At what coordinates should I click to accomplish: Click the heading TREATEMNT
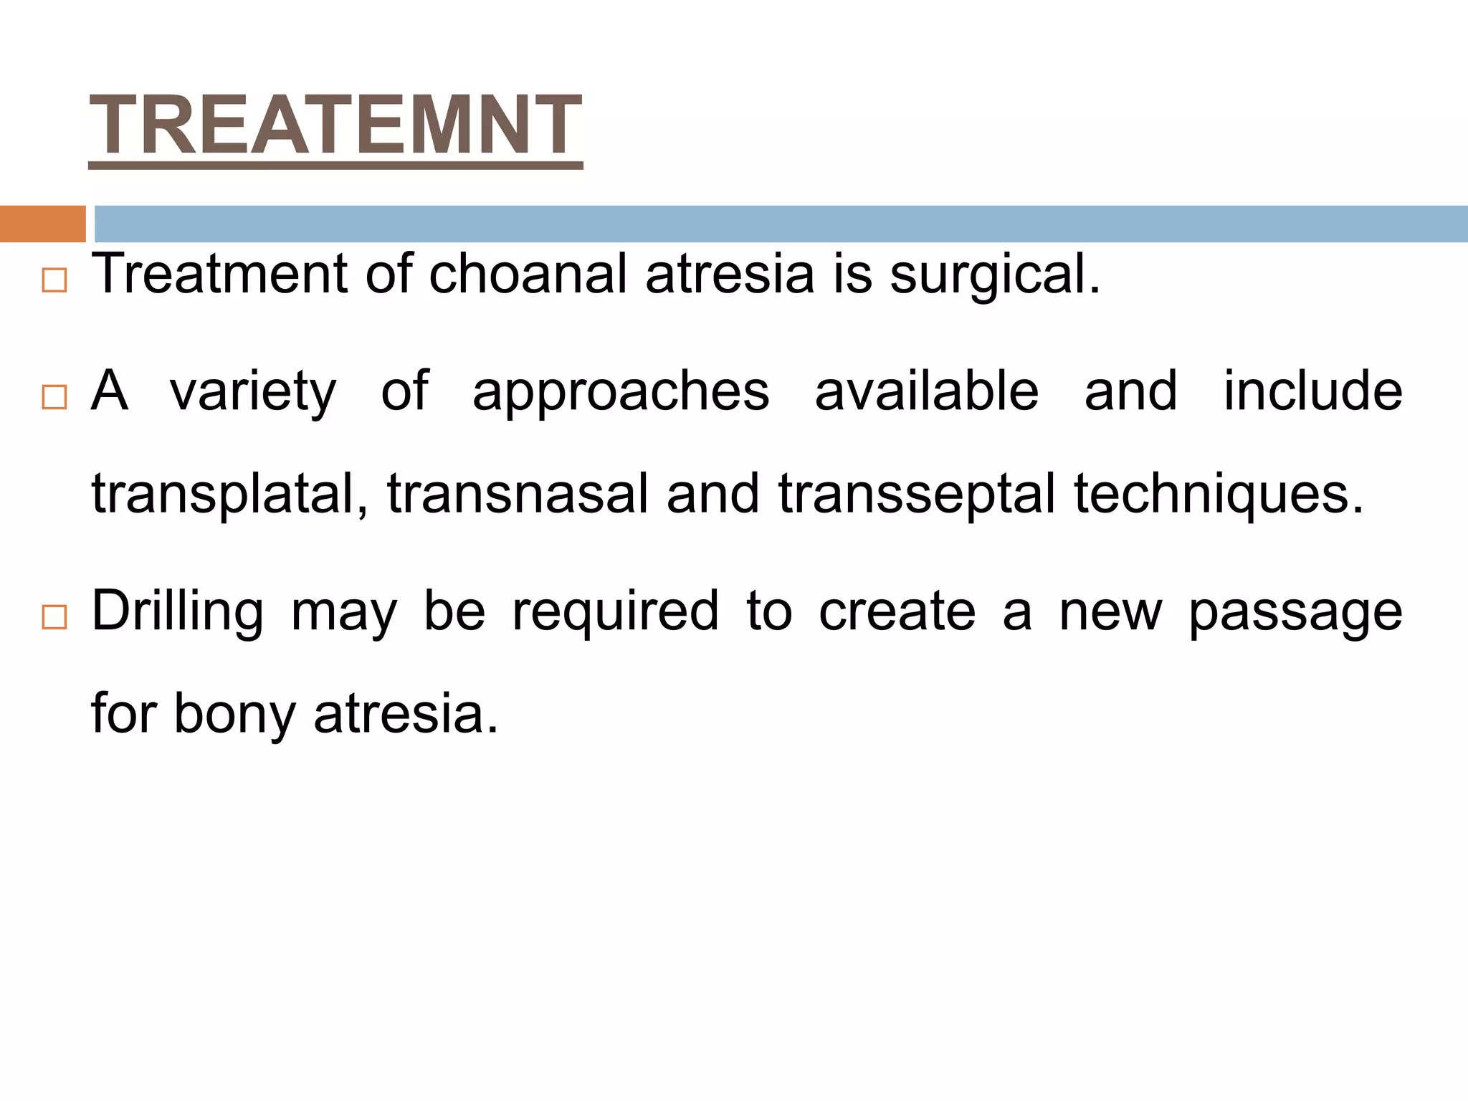[x=335, y=126]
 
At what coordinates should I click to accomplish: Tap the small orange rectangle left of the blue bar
[x=42, y=224]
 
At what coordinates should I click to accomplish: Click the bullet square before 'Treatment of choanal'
[x=54, y=280]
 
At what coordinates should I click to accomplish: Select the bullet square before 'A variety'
[x=54, y=397]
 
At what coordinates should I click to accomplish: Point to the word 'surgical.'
[x=995, y=275]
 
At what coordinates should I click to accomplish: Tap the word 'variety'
[x=252, y=393]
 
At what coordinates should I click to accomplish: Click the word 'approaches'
[x=621, y=393]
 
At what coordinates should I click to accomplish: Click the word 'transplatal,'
[x=230, y=495]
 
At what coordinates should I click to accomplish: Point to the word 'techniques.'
[x=1219, y=495]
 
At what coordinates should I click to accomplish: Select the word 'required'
[x=615, y=612]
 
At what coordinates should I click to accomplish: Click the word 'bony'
[x=234, y=715]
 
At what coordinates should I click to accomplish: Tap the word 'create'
[x=897, y=612]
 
